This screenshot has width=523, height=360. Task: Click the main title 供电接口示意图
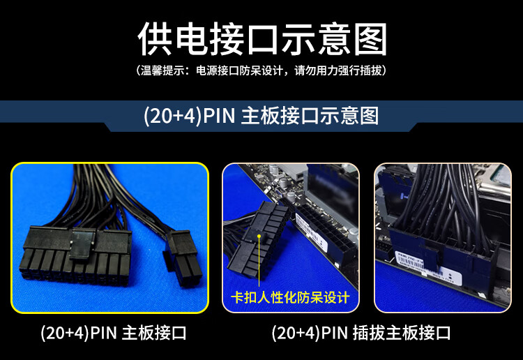(262, 38)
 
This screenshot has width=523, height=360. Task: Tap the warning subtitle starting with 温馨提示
(261, 70)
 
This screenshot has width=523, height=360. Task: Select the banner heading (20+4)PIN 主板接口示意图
(261, 116)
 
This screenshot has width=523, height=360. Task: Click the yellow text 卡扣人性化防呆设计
(290, 297)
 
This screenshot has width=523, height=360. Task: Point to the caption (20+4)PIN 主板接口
(114, 333)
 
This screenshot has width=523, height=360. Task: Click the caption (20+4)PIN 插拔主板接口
(361, 333)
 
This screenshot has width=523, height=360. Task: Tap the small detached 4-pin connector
(183, 258)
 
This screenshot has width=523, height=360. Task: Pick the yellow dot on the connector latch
(259, 237)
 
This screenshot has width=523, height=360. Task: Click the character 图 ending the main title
(370, 38)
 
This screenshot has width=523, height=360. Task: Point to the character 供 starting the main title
(155, 38)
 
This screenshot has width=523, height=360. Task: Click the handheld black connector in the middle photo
(257, 240)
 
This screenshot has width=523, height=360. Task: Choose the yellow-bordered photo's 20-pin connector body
(75, 255)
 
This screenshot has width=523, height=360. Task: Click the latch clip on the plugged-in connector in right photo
(428, 257)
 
